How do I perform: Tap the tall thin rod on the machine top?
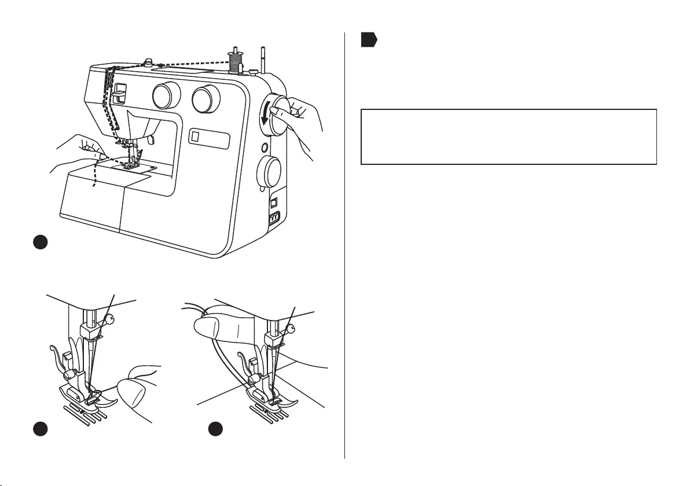tap(263, 58)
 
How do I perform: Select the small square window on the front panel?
tap(195, 137)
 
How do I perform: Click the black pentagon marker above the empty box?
tap(369, 40)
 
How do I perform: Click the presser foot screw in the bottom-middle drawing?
tap(252, 380)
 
